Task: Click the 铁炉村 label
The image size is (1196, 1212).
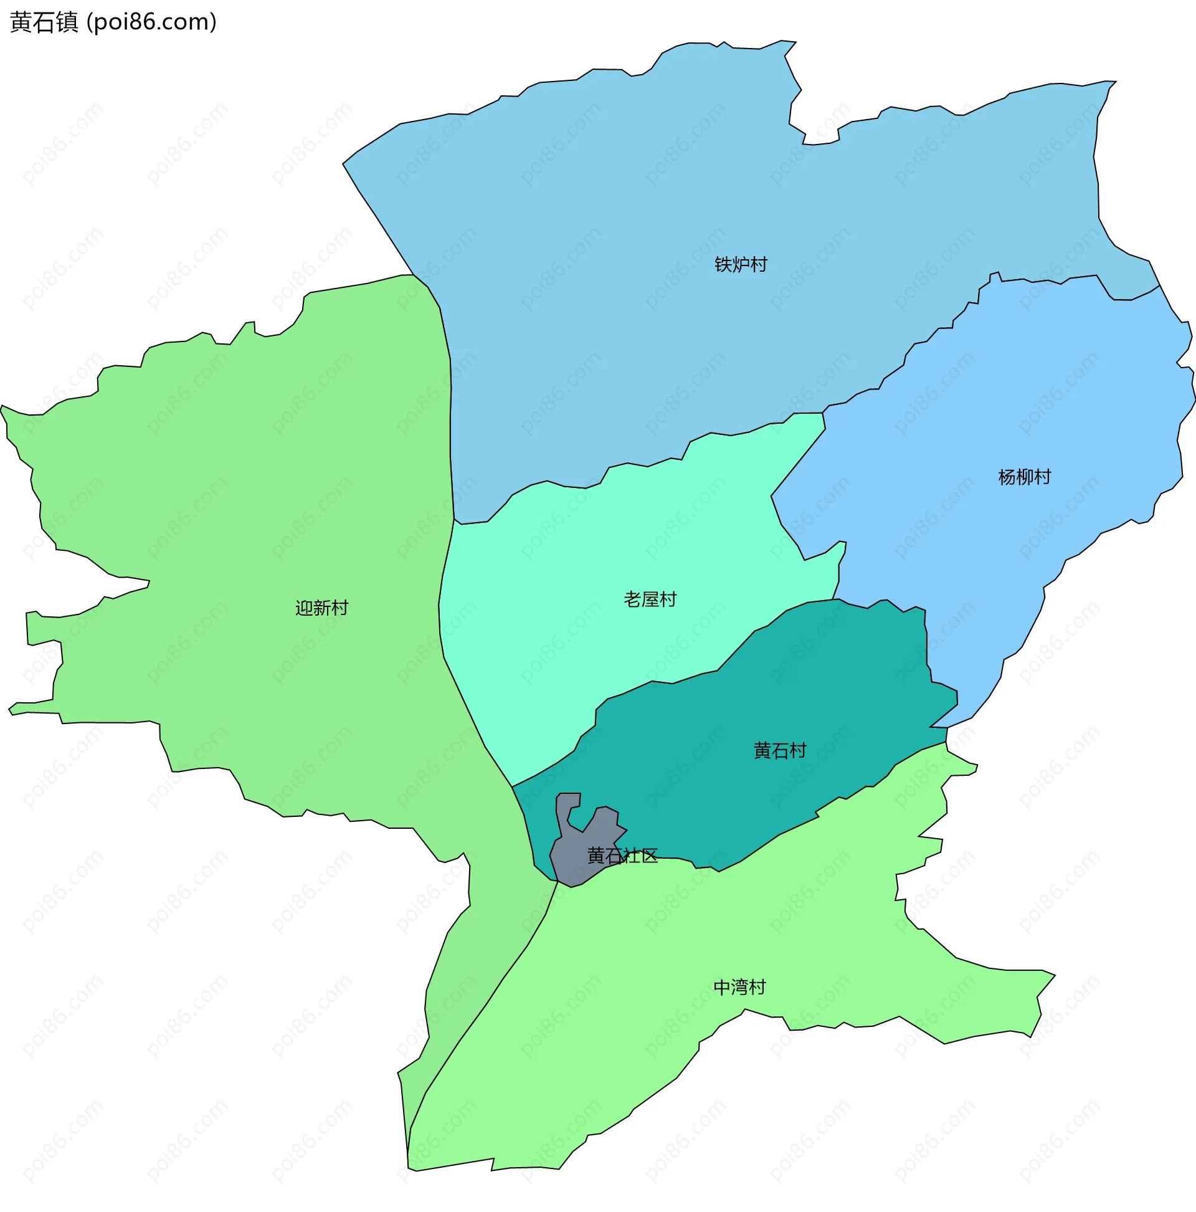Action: coord(741,265)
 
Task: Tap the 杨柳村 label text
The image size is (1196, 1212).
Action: coord(1024,477)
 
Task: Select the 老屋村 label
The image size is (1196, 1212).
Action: coord(650,599)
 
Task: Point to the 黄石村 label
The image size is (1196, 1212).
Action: coord(779,751)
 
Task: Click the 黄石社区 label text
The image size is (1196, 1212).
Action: coord(622,856)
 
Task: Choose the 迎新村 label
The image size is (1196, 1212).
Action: coord(321,608)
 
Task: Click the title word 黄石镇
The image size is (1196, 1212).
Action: coord(44,22)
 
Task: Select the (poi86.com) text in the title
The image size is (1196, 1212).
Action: coord(151,22)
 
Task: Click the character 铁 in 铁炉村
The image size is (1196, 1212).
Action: coord(723,265)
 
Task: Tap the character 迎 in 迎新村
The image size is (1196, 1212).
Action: coord(304,608)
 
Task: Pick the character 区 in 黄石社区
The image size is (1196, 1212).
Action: coord(649,856)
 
